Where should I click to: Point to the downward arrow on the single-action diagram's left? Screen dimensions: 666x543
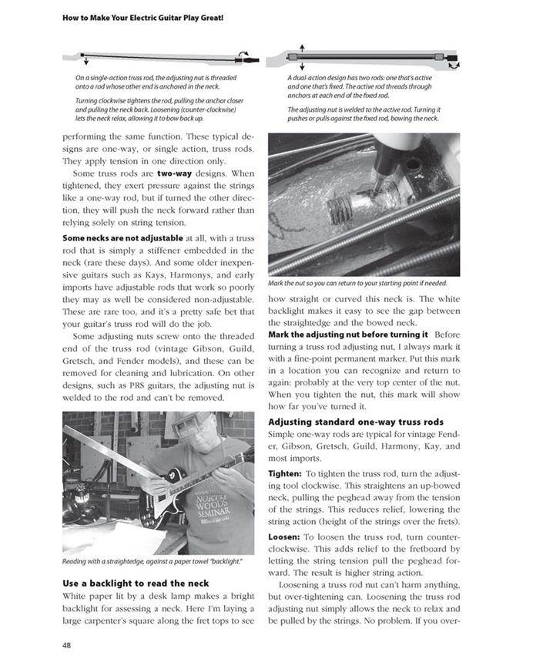(84, 61)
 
